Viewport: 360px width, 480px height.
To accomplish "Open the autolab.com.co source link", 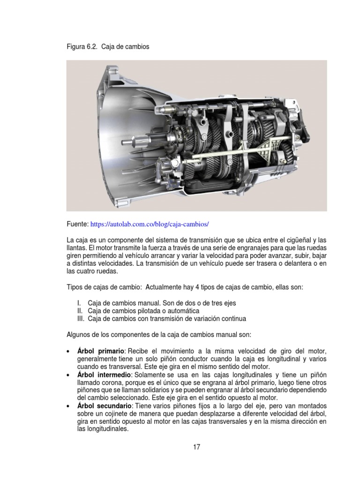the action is (x=150, y=224).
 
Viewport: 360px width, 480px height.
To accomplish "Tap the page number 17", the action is (x=196, y=447).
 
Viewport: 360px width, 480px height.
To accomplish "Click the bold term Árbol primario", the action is (x=101, y=351).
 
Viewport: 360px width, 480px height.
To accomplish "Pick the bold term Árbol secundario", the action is (x=105, y=406).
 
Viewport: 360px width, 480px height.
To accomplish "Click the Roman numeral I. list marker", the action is (x=79, y=303).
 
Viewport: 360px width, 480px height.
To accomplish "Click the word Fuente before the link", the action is (x=77, y=224).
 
